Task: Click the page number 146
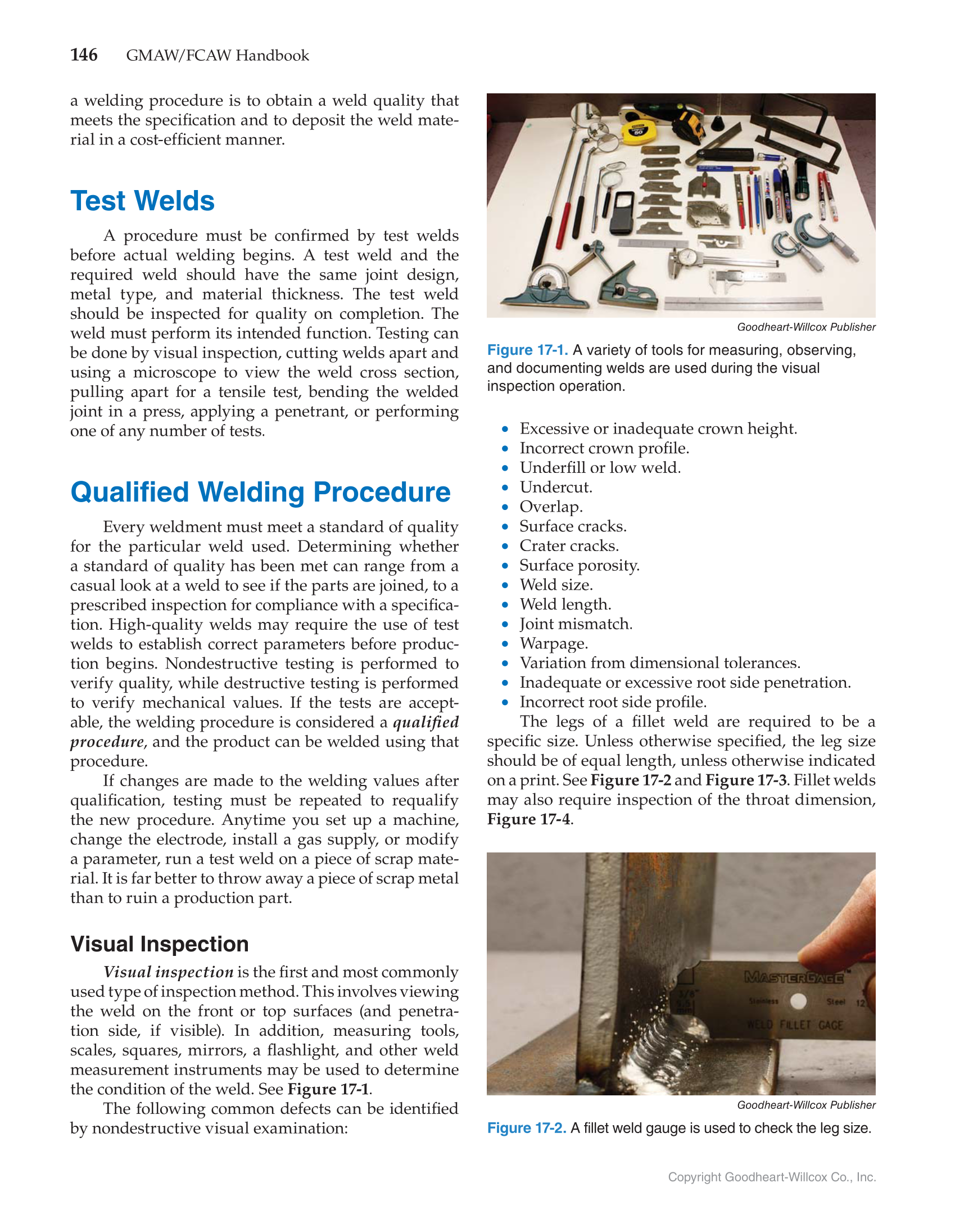(84, 55)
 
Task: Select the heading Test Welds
(142, 201)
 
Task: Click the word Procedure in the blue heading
(382, 492)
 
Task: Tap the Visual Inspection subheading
(159, 944)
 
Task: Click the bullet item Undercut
(555, 488)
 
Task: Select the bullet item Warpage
(553, 643)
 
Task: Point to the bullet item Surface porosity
(579, 566)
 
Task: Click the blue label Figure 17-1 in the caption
(527, 350)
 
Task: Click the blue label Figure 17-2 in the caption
(526, 1129)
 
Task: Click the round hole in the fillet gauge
(798, 1001)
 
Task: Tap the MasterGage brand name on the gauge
(794, 977)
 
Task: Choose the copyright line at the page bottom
(771, 1177)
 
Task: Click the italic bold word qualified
(426, 723)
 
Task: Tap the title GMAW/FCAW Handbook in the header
(218, 56)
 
